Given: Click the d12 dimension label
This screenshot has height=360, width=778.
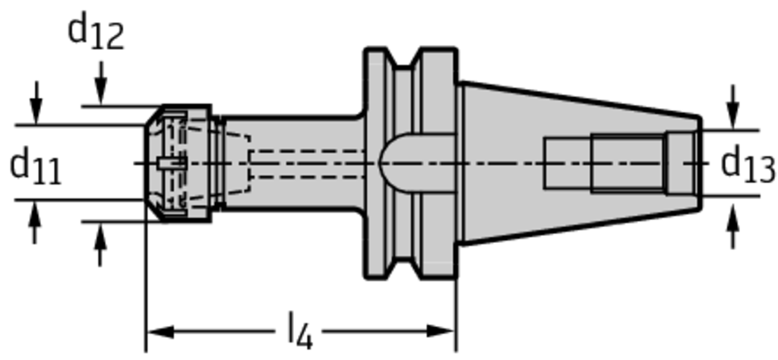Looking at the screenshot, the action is pyautogui.click(x=95, y=32).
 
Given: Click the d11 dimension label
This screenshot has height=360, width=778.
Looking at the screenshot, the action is pyautogui.click(x=36, y=167).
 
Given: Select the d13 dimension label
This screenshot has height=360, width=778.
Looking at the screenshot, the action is pyautogui.click(x=748, y=163).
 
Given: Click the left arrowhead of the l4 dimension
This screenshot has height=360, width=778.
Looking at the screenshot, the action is pyautogui.click(x=160, y=331).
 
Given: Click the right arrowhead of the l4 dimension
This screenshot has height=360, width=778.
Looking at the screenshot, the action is pyautogui.click(x=441, y=331).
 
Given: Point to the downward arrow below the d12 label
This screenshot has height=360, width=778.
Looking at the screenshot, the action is pyautogui.click(x=101, y=83).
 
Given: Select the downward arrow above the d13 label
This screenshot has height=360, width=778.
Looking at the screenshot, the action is pyautogui.click(x=732, y=107).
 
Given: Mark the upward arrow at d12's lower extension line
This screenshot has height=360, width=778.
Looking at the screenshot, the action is pyautogui.click(x=101, y=245).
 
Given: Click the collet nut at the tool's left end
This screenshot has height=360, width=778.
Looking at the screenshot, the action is pyautogui.click(x=178, y=163).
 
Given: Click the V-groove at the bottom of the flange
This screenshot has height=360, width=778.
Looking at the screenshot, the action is pyautogui.click(x=403, y=268).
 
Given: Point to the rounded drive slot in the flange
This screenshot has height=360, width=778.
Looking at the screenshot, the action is pyautogui.click(x=417, y=163).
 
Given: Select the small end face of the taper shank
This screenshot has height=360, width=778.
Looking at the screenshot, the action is pyautogui.click(x=700, y=163).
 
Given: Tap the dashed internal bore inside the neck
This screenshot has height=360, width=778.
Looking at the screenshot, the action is pyautogui.click(x=308, y=163).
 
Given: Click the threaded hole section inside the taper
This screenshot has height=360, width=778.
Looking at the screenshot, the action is pyautogui.click(x=628, y=163).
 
